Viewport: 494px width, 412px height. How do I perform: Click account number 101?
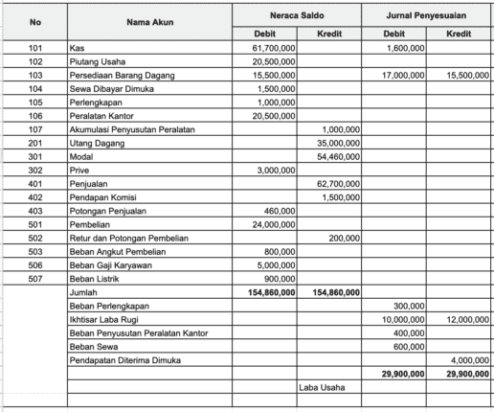point(35,47)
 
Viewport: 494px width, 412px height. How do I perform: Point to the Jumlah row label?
point(83,292)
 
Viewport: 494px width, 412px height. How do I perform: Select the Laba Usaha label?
point(321,388)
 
